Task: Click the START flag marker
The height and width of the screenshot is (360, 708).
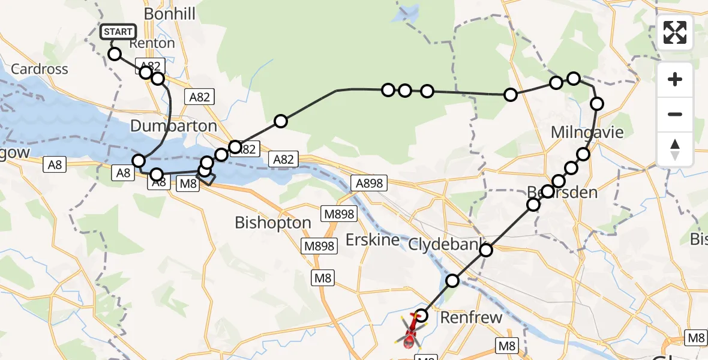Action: [x=118, y=32]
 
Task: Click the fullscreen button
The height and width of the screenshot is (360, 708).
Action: [x=675, y=32]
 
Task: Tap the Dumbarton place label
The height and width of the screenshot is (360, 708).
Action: [x=173, y=126]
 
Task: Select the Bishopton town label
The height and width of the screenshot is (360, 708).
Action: [x=273, y=223]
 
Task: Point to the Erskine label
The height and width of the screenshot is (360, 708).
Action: [x=373, y=241]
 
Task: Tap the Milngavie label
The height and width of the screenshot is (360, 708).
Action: [x=587, y=132]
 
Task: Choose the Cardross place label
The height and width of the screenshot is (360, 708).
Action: [x=40, y=69]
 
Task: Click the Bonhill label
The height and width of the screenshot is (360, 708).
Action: [x=170, y=14]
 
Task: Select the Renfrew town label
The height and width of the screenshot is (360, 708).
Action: [x=471, y=317]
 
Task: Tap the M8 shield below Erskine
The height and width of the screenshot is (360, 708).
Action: [x=323, y=278]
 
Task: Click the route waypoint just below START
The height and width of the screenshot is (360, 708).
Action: [x=115, y=55]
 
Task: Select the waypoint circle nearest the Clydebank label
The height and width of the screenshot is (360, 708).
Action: [x=485, y=250]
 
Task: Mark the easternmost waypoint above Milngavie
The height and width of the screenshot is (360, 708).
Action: [x=597, y=104]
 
